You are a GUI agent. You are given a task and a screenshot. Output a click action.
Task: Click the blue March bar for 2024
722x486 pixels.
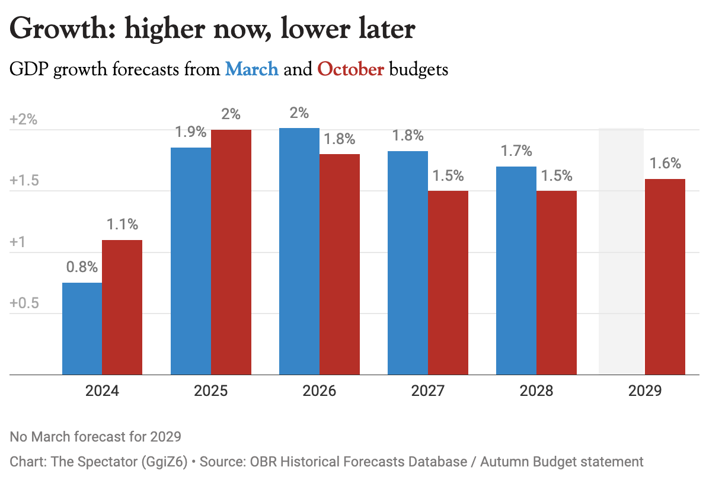[x=82, y=329]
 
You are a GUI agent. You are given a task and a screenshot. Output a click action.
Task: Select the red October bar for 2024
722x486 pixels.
[x=122, y=307]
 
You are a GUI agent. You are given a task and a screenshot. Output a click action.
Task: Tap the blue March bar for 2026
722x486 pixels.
[x=299, y=251]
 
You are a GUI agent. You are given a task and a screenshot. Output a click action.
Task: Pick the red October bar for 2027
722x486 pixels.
[x=448, y=283]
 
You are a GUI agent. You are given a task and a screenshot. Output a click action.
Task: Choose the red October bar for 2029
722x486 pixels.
[x=665, y=277]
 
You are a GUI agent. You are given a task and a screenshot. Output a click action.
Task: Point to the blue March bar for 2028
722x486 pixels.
[x=516, y=271]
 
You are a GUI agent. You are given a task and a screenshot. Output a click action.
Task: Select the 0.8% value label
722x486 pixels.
[x=82, y=267]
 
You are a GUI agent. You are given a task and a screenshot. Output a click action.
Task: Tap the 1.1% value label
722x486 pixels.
[x=122, y=225]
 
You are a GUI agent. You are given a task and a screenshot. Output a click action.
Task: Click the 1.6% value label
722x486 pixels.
[x=665, y=164]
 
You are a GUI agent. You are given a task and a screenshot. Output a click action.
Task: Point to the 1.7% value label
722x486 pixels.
[x=516, y=152]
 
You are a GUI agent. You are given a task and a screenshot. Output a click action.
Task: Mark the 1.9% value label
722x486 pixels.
[x=190, y=132]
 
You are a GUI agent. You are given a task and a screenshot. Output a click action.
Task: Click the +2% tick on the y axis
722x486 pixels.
[x=24, y=119]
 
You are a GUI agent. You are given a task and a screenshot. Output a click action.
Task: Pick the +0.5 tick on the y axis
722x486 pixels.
[x=24, y=303]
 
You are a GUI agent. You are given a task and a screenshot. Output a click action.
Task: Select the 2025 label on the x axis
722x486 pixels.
[x=210, y=391]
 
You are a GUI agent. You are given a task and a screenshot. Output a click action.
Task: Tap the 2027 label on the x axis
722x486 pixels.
[x=427, y=391]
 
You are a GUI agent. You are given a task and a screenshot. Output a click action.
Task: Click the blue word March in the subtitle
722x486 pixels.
[x=252, y=69]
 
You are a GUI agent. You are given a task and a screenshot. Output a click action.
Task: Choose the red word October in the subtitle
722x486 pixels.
[x=351, y=69]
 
